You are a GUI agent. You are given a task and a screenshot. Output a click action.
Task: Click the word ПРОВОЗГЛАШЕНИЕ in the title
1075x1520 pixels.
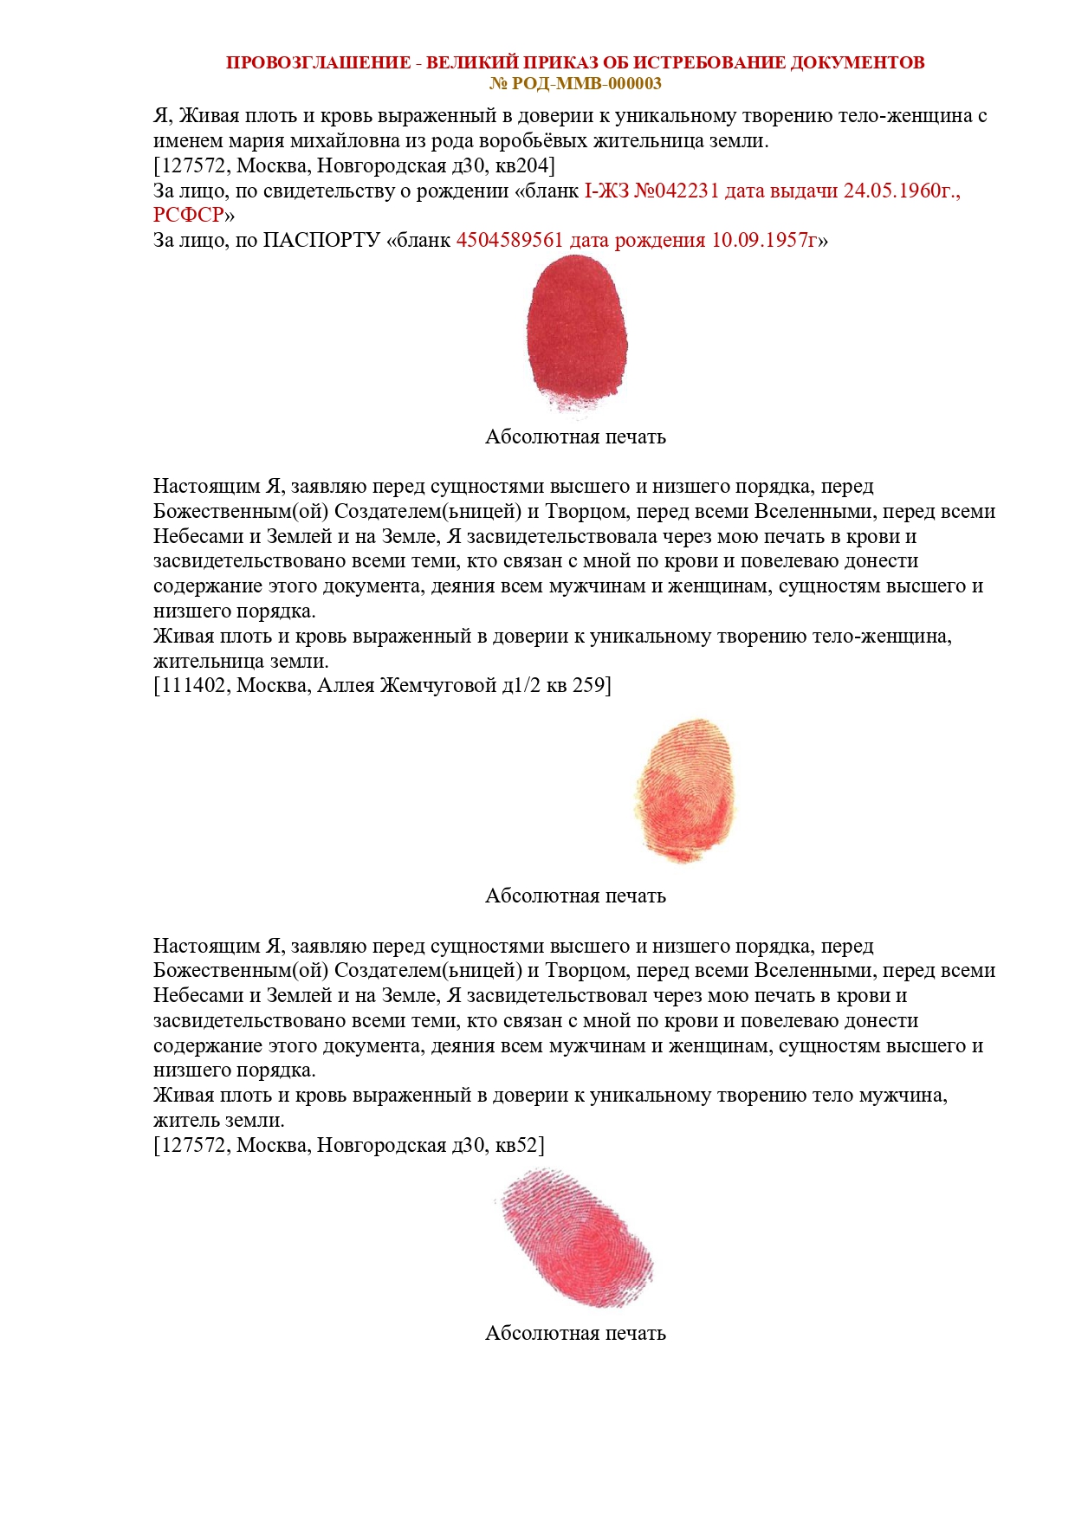point(318,62)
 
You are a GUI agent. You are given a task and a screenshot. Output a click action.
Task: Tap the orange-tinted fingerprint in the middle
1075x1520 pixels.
point(685,790)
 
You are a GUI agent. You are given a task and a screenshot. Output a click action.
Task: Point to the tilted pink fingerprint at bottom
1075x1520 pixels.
point(574,1236)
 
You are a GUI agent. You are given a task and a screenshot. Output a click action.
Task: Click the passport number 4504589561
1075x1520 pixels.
point(509,240)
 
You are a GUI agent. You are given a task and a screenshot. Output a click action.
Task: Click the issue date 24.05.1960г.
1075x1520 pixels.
point(902,191)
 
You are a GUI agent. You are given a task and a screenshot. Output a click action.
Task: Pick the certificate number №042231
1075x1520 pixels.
point(677,191)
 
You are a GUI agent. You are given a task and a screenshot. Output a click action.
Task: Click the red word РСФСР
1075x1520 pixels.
point(189,215)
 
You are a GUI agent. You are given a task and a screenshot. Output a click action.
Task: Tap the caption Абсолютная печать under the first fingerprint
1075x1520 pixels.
point(575,437)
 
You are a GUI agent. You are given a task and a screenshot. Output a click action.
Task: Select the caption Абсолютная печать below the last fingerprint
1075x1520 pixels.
point(575,1333)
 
